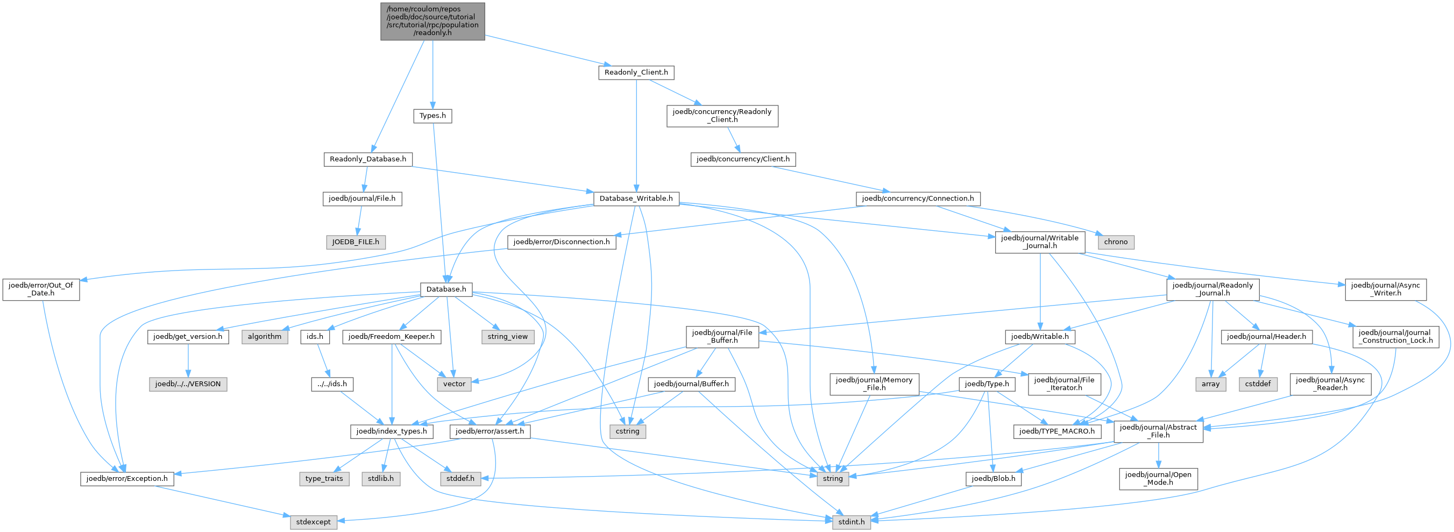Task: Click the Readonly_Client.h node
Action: pos(636,72)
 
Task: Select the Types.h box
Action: pos(432,116)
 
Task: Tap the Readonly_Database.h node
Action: pos(368,159)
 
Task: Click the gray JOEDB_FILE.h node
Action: pos(356,242)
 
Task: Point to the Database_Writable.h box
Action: pos(636,198)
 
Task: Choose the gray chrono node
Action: pos(1116,242)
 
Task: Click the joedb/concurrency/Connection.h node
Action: pos(918,198)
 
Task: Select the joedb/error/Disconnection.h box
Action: pos(562,242)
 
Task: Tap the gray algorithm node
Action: pos(265,337)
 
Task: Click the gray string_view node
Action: pos(507,337)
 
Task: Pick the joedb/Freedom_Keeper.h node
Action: pos(392,337)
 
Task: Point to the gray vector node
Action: pos(455,384)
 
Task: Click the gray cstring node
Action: pos(628,431)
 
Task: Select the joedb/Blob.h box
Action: pos(994,479)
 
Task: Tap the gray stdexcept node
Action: pos(313,522)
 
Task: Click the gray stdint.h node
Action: pos(851,522)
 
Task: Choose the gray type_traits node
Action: pos(324,479)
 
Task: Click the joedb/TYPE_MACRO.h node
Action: pos(1057,431)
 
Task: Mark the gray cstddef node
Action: pos(1258,384)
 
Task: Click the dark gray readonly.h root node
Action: pos(432,22)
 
